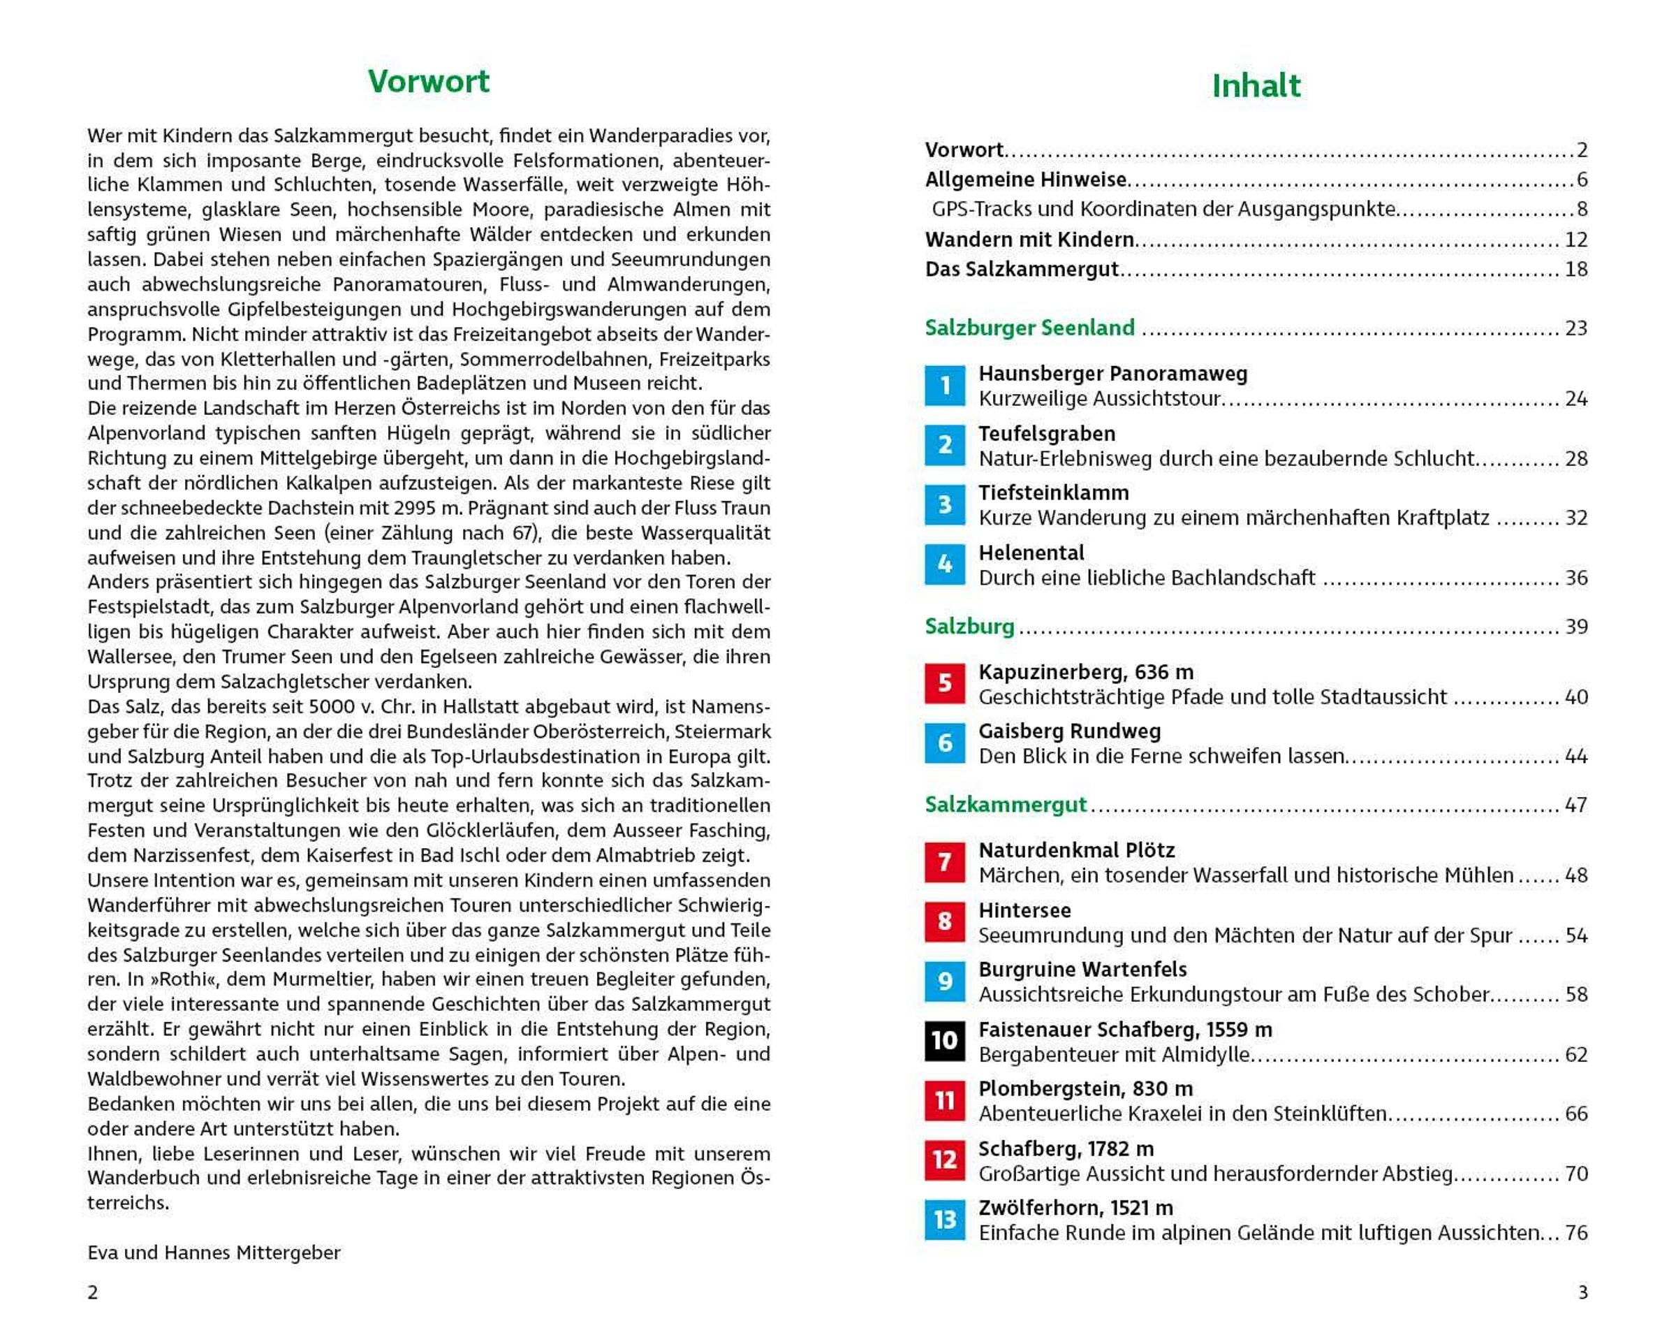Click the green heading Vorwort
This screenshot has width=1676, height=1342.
click(x=428, y=82)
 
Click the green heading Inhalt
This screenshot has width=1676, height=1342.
click(x=1256, y=85)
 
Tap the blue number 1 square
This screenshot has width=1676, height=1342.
click(x=945, y=386)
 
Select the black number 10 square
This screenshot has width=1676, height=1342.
click(x=945, y=1041)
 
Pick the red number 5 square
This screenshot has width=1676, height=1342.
click(x=945, y=683)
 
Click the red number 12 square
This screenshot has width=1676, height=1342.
click(x=945, y=1160)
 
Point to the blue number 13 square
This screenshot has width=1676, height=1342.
click(x=945, y=1220)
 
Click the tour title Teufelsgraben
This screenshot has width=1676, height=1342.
click(x=1046, y=434)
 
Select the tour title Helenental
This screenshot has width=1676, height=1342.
click(x=1031, y=553)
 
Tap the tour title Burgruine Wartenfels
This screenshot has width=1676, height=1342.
click(x=1082, y=970)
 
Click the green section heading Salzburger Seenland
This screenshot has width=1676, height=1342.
click(x=1029, y=328)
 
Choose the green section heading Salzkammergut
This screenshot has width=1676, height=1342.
click(x=1005, y=805)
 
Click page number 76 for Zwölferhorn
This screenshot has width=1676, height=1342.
click(x=1575, y=1233)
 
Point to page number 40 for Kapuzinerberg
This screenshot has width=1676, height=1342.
click(x=1575, y=697)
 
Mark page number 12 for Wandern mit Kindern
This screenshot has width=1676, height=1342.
click(x=1575, y=240)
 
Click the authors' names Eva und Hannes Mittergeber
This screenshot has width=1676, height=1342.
click(x=214, y=1253)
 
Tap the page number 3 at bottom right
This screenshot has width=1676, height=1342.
click(x=1582, y=1292)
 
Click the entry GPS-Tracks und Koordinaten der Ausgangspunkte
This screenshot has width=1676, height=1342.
click(x=1163, y=209)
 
